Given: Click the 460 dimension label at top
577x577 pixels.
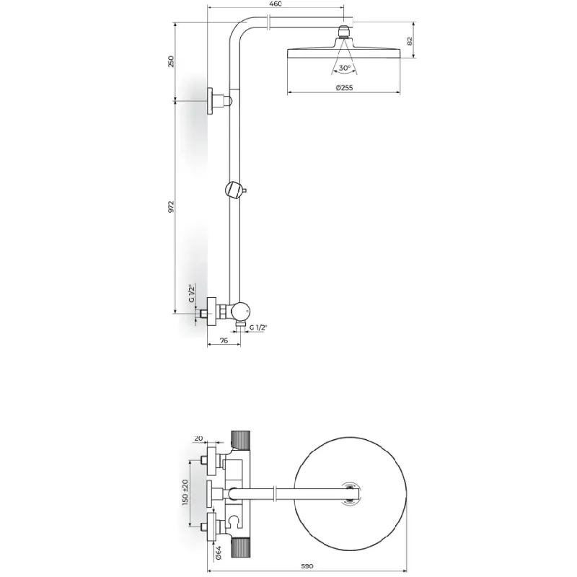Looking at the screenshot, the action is (276, 4).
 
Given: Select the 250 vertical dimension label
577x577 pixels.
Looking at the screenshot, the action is (171, 61).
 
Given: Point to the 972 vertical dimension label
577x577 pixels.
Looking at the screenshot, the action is (171, 207).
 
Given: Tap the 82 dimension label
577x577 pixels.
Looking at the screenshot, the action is (410, 41).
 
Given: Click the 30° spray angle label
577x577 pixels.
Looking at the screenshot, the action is (345, 68).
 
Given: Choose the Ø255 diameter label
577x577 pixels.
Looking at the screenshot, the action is (344, 87).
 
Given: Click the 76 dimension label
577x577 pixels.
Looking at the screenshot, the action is (224, 340).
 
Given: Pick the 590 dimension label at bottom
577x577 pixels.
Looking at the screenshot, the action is (307, 566).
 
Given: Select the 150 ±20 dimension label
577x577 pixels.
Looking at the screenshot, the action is (185, 492).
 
